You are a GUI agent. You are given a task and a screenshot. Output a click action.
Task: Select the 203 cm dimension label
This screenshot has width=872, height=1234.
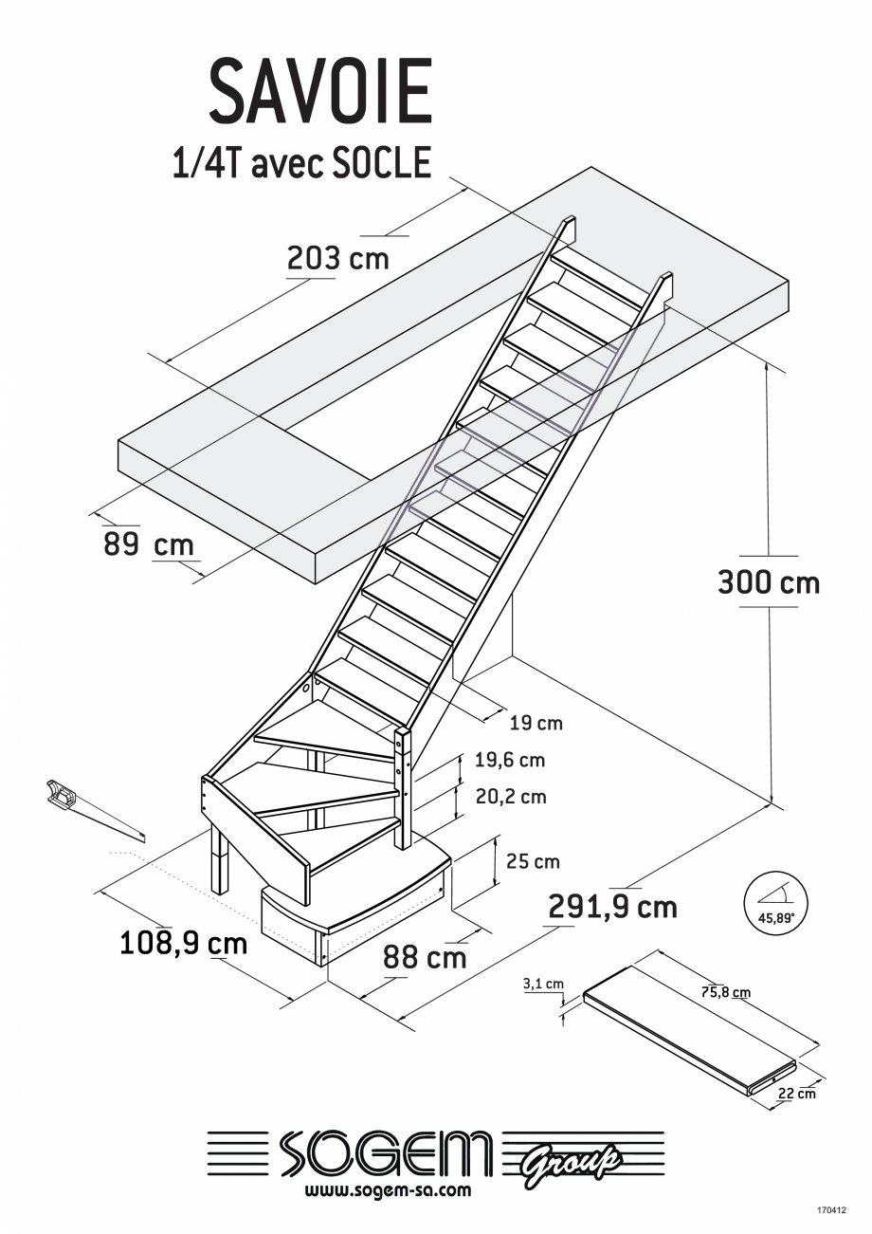(337, 257)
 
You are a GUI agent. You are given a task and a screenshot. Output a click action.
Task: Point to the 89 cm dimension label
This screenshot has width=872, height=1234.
(148, 544)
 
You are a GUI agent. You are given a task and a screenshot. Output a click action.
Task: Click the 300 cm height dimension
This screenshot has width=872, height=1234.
(768, 581)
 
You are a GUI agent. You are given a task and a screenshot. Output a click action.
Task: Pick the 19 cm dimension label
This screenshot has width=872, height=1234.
(536, 724)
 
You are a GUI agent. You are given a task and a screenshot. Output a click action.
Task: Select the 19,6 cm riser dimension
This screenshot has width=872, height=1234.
(510, 760)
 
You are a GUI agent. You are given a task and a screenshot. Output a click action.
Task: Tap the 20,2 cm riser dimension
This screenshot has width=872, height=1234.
(510, 796)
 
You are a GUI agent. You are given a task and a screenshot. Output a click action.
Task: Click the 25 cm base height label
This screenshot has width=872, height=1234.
(532, 861)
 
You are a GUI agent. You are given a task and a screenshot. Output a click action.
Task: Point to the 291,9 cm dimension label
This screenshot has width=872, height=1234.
(612, 907)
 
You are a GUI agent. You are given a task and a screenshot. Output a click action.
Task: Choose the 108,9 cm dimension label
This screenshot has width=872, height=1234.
(183, 943)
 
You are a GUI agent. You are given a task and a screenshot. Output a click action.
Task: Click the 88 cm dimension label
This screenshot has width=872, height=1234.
(425, 956)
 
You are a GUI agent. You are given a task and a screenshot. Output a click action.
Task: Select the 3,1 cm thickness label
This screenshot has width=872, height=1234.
(543, 984)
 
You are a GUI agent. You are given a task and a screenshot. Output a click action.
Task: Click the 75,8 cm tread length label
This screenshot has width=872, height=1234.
(725, 993)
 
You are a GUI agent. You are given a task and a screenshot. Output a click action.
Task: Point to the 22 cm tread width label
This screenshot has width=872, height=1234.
(796, 1093)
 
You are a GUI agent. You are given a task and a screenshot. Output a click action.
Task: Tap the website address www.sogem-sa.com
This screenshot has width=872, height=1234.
(389, 1190)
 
